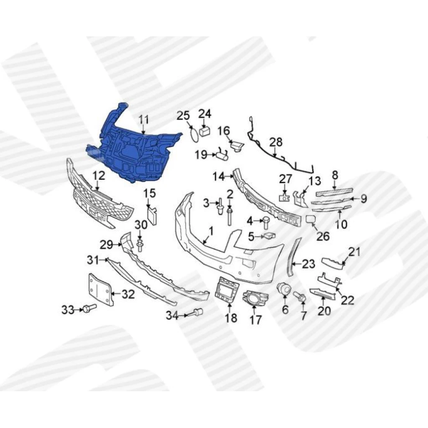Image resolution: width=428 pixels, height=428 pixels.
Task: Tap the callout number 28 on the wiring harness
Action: point(276,143)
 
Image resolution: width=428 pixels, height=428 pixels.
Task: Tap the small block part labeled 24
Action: point(205,131)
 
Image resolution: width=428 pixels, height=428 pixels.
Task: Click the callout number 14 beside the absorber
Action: point(219,177)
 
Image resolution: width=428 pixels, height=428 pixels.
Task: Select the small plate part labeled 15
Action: point(152,216)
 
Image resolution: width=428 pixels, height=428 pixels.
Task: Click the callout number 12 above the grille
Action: point(99,176)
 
